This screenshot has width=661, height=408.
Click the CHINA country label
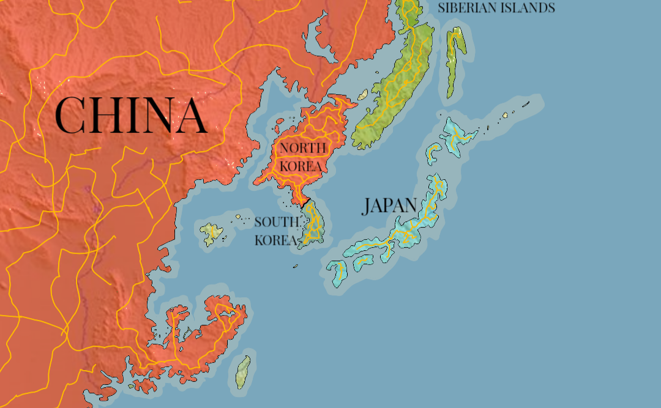[x=131, y=115]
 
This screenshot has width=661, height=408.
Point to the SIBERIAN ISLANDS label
[x=496, y=8]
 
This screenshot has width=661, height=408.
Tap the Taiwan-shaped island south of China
[x=243, y=372]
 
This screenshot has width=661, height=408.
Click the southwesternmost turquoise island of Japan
[x=337, y=272]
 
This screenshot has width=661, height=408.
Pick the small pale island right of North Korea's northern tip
[x=363, y=94]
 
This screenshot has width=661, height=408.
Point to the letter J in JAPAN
[x=367, y=206]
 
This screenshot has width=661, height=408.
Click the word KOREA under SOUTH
[x=275, y=240]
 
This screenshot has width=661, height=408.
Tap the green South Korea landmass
[x=315, y=224]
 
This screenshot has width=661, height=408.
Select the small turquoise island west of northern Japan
[x=433, y=152]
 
